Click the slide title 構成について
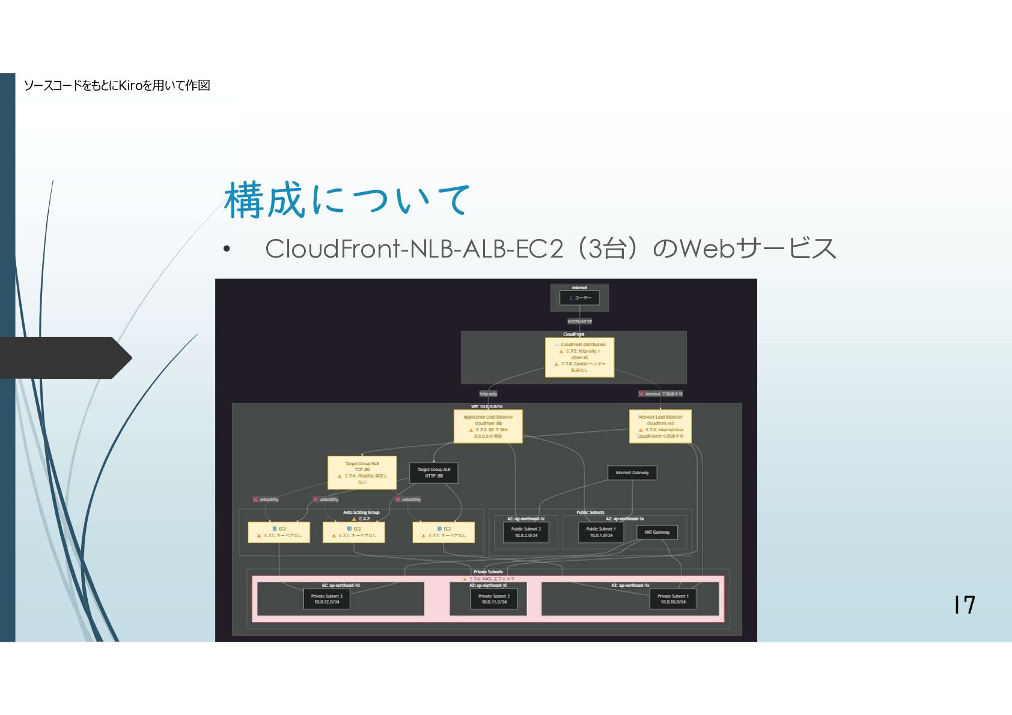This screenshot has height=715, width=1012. coord(347,200)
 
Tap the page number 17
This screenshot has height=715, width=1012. coord(964,605)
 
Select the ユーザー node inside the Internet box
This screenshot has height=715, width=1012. coord(579,298)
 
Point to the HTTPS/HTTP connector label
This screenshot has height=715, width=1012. coord(579,321)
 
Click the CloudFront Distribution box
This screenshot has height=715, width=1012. coord(579,357)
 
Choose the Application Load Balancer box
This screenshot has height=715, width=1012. coord(488,426)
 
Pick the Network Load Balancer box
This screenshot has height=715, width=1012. coord(660,426)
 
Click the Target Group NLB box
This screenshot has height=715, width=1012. coord(362,472)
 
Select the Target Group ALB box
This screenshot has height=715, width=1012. coord(433,472)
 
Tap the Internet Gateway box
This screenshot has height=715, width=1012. coord(632,472)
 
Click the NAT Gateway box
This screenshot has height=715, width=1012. coord(657,532)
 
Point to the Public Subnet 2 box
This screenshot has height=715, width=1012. coord(526,532)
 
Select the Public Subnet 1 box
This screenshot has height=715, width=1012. coord(601,532)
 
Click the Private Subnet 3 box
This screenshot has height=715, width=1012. coord(326,599)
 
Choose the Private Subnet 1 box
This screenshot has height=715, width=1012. coord(672,599)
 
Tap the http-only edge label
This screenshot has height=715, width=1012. coord(488,394)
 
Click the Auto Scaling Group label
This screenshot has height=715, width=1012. coord(361,512)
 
